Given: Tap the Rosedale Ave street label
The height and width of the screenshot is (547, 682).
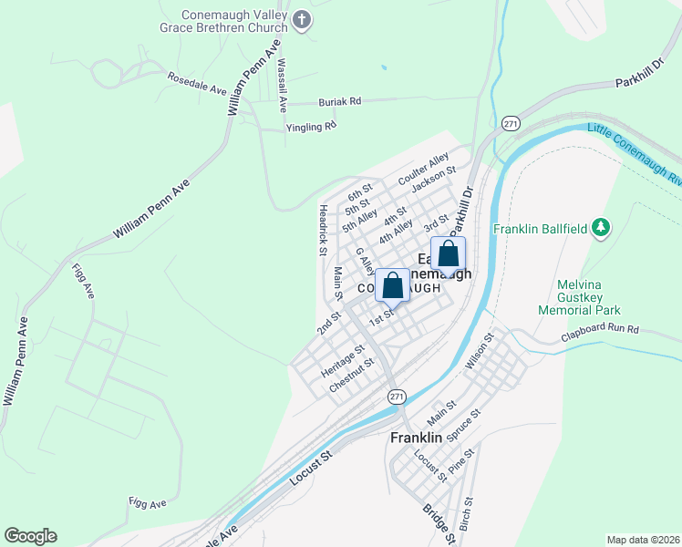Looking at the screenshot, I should pyautogui.click(x=196, y=84).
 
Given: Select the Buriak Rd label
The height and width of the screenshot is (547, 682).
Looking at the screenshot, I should pyautogui.click(x=339, y=102).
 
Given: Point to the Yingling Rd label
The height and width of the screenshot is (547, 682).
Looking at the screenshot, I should pyautogui.click(x=311, y=127).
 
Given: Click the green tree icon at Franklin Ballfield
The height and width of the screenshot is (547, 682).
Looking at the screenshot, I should pyautogui.click(x=600, y=227).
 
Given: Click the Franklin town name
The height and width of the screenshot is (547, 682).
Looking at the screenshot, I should pyautogui.click(x=416, y=438).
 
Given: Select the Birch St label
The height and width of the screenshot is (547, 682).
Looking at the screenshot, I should pyautogui.click(x=466, y=516).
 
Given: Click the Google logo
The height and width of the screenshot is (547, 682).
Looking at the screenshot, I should pyautogui.click(x=30, y=536).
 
